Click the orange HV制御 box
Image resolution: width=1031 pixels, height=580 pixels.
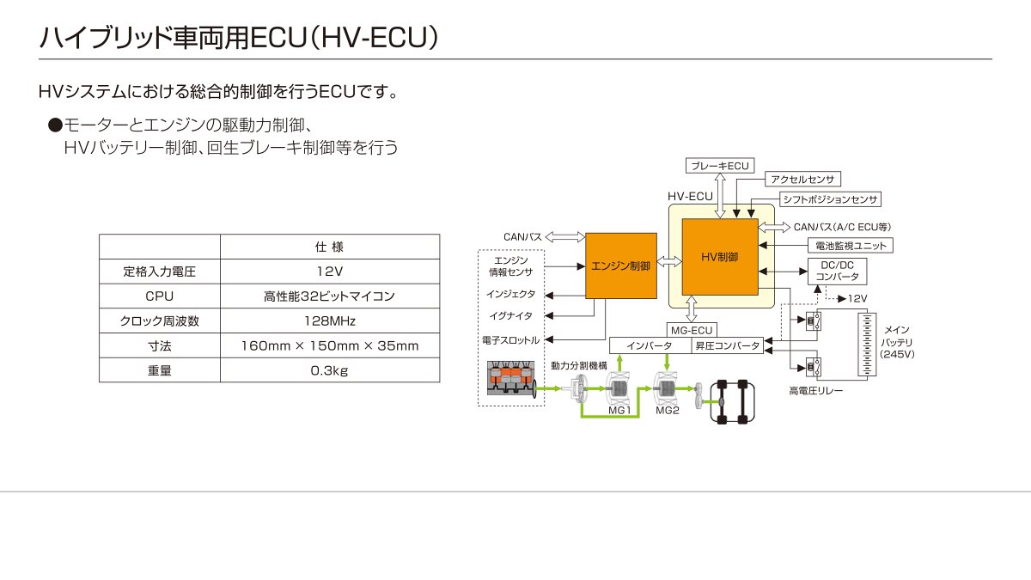point(720,257)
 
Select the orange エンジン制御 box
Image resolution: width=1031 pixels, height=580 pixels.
point(621,266)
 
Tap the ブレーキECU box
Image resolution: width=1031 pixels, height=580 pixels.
point(720,166)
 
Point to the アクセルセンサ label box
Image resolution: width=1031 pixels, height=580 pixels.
point(802,179)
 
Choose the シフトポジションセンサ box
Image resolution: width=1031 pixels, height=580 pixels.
point(830,199)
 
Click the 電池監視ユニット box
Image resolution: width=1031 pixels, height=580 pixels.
point(851,246)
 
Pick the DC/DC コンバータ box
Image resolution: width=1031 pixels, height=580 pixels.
point(837,272)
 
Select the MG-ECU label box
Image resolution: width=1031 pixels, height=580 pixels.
point(692,330)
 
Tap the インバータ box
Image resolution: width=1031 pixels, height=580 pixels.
point(650,345)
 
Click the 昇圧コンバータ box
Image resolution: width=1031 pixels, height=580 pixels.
point(727,345)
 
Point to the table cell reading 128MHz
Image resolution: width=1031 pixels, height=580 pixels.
point(330,321)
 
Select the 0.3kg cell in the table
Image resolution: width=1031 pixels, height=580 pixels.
point(330,370)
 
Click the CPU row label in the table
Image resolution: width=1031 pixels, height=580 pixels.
point(160,296)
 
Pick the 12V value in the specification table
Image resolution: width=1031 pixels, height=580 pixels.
point(330,272)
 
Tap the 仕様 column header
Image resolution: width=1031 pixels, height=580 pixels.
point(330,247)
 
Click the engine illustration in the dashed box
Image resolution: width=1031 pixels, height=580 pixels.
point(512,379)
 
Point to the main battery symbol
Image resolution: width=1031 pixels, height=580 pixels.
point(867,345)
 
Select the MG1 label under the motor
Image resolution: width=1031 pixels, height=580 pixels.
point(619,410)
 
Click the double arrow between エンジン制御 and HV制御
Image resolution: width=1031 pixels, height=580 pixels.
point(669,262)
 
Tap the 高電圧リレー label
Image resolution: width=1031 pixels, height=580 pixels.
point(816,391)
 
